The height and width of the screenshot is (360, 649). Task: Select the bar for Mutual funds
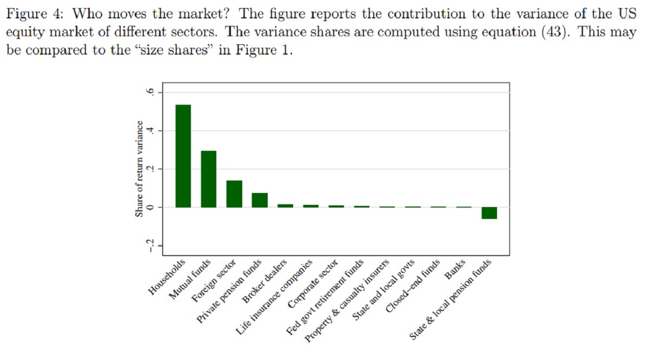click(208, 179)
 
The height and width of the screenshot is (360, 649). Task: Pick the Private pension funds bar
click(260, 200)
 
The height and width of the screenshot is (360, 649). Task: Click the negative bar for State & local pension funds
click(489, 213)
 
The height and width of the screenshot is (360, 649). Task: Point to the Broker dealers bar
click(285, 205)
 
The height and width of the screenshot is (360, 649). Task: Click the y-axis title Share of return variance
click(140, 169)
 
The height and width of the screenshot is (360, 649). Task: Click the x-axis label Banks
click(455, 270)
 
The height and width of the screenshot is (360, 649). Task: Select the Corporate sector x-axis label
click(314, 283)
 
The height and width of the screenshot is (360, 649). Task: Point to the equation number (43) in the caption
click(556, 32)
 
